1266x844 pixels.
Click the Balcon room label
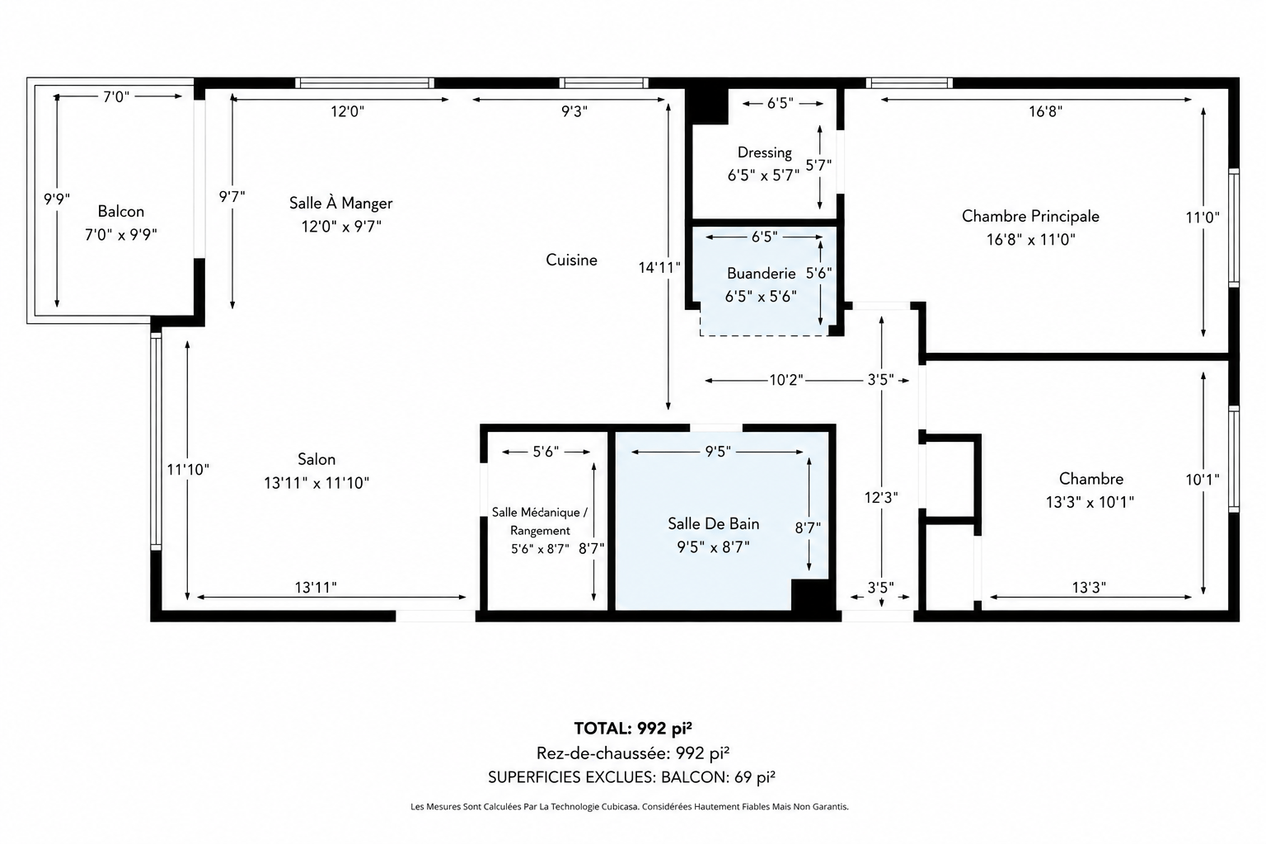tap(120, 212)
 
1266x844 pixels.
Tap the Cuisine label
tap(571, 260)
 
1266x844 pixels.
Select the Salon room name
tap(316, 459)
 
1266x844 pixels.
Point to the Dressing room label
tap(765, 152)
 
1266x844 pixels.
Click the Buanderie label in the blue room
tap(761, 274)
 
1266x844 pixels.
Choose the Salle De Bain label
tap(713, 524)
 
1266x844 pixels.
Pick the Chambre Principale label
tap(1030, 217)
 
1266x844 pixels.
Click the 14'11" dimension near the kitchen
tap(659, 267)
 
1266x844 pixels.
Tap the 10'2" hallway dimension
tap(786, 380)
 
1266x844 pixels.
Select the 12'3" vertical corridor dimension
tap(881, 498)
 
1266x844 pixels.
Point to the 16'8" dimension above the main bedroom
tap(1045, 111)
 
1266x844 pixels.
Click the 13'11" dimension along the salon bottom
tap(316, 588)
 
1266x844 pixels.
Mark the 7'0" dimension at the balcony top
tap(116, 97)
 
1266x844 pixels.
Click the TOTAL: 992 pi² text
tap(633, 729)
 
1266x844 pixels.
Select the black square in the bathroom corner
tap(810, 595)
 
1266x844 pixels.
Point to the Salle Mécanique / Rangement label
tap(540, 521)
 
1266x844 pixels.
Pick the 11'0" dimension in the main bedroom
tap(1203, 217)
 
